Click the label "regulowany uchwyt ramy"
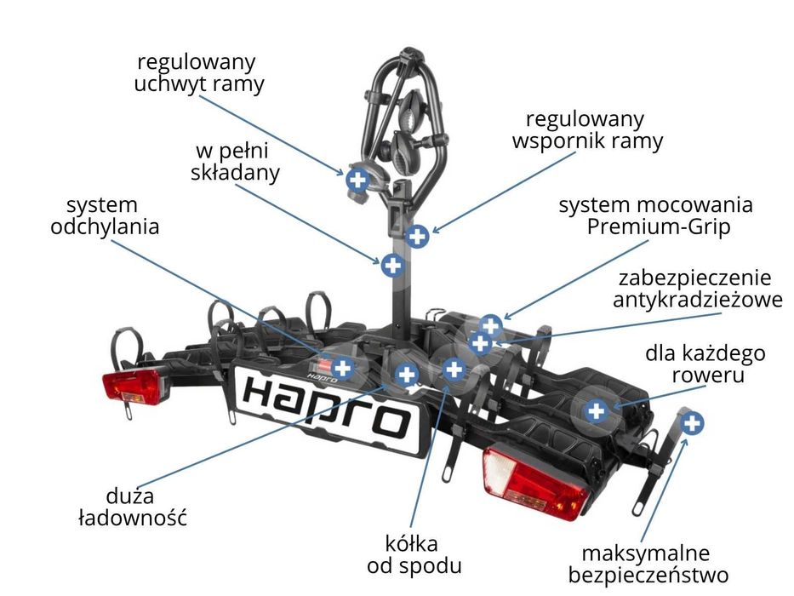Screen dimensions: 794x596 [x=199, y=73]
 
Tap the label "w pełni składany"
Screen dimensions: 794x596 [x=235, y=162]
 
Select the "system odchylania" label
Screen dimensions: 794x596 [x=105, y=216]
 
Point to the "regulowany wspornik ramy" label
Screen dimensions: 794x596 [x=587, y=129]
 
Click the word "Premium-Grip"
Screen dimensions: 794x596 [x=659, y=226]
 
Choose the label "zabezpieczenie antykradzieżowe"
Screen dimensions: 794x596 [x=697, y=289]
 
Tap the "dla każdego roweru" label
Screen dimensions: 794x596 [x=705, y=364]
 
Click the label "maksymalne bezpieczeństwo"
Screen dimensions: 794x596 [x=648, y=564]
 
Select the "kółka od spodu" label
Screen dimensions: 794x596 [x=414, y=554]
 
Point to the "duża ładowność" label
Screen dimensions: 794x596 [x=133, y=507]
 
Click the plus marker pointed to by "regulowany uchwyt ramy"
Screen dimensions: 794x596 [x=357, y=179]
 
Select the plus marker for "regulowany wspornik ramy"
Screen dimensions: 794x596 [x=417, y=236]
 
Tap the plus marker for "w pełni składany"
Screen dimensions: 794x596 [x=392, y=265]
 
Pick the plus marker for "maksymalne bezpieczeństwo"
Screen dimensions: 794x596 [x=691, y=422]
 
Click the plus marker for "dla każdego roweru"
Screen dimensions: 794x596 [x=596, y=410]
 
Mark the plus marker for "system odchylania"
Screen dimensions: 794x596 [x=343, y=368]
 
